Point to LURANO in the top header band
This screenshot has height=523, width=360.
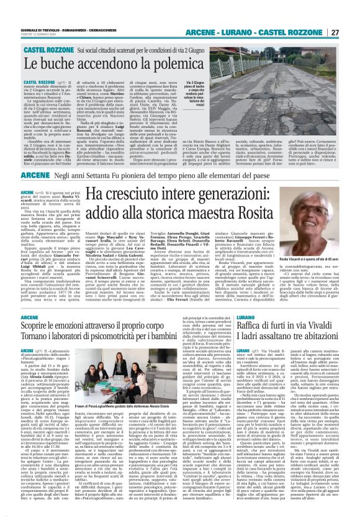point(266,32)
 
